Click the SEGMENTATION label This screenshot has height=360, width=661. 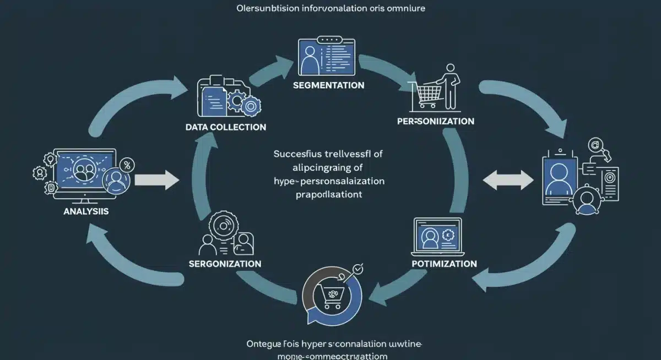(328, 85)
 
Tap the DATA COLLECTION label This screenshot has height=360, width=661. (226, 127)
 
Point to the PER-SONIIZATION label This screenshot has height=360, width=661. (436, 121)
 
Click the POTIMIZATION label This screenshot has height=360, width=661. (444, 264)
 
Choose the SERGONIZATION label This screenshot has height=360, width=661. (225, 264)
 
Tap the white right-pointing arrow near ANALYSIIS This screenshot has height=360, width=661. (157, 179)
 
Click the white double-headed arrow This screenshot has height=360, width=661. (507, 179)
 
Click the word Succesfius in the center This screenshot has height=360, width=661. (296, 155)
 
